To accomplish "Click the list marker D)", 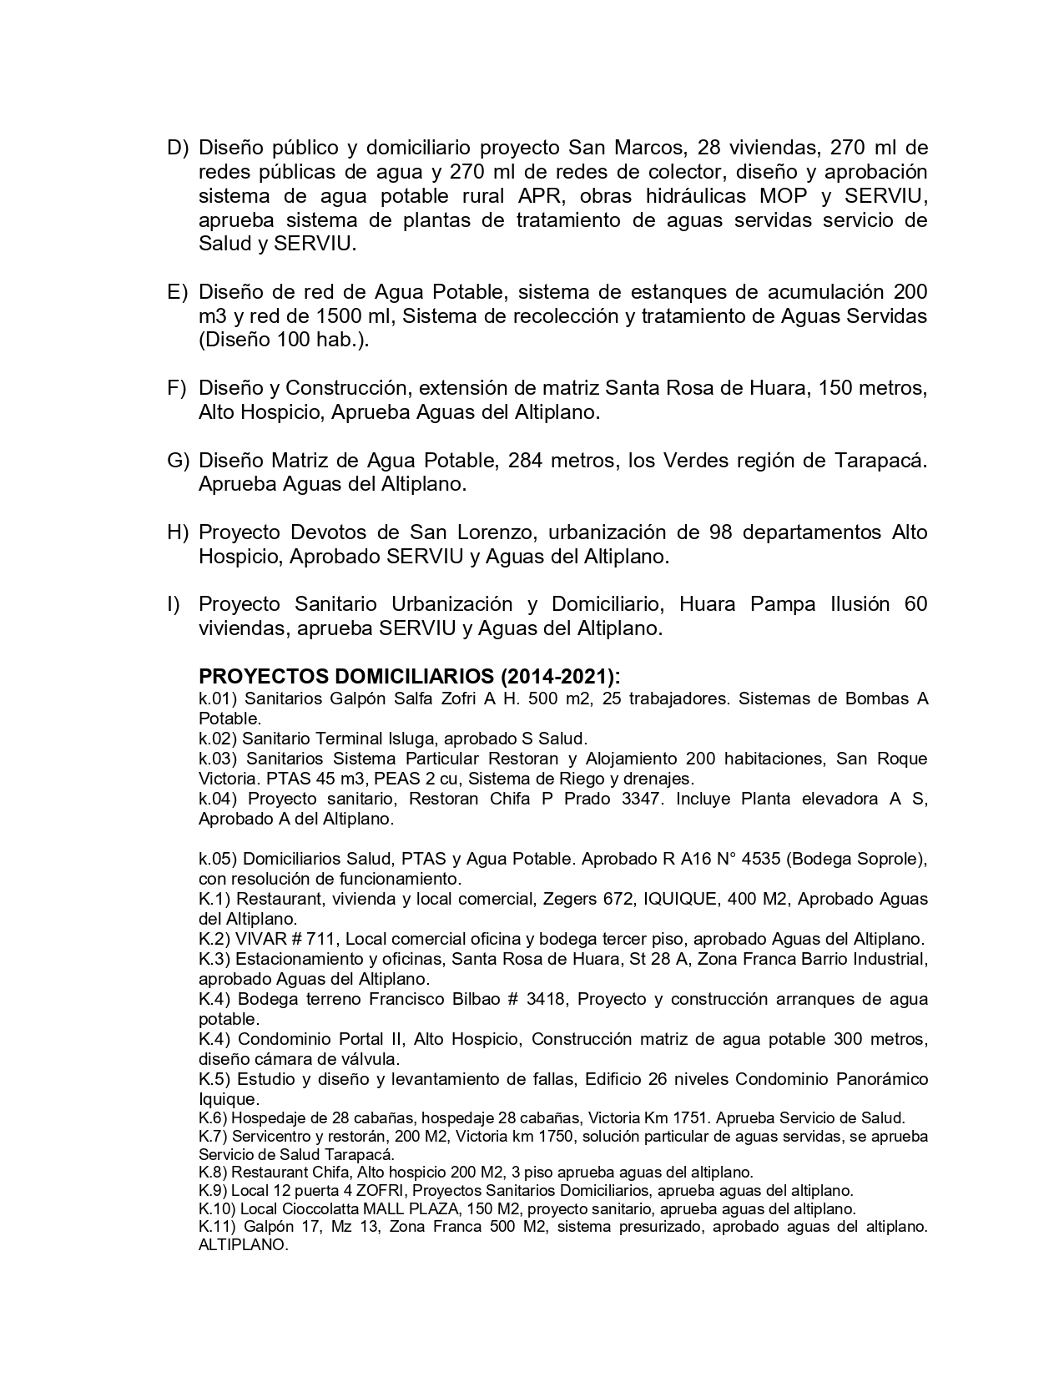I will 179,149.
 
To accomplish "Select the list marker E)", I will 179,293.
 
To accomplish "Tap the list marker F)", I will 178,389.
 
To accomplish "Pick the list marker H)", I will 179,533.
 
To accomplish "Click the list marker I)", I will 174,605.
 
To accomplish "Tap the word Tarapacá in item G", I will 880,461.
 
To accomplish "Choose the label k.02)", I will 218,739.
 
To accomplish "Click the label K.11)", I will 220,1227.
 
